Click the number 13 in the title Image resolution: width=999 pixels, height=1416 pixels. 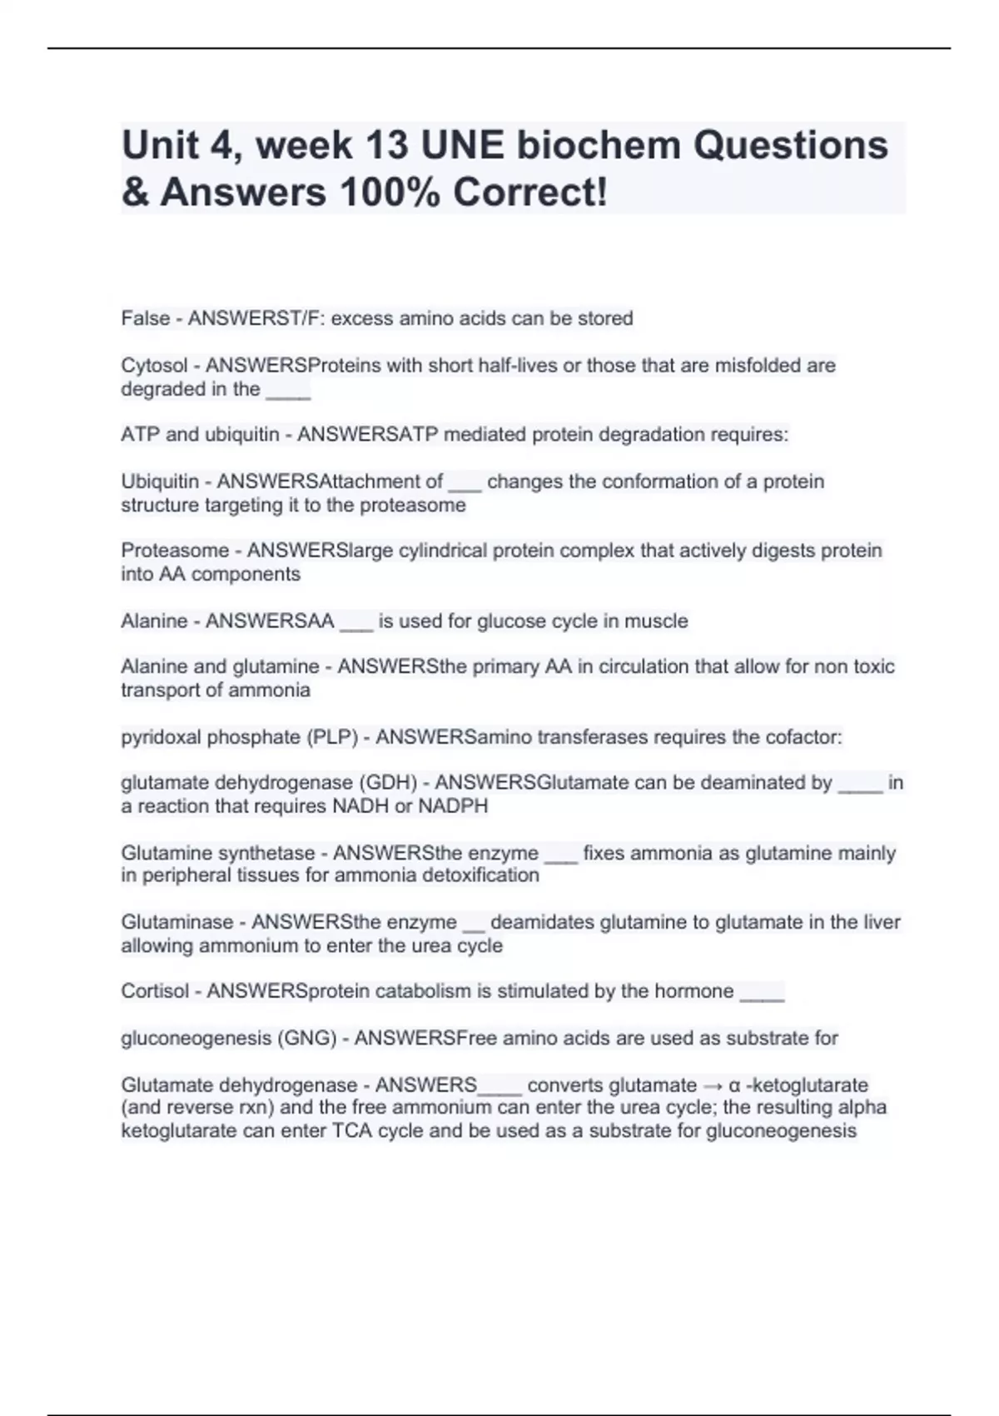click(x=388, y=146)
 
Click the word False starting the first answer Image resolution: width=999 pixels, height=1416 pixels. click(x=146, y=318)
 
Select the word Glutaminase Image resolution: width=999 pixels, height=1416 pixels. click(x=177, y=923)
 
